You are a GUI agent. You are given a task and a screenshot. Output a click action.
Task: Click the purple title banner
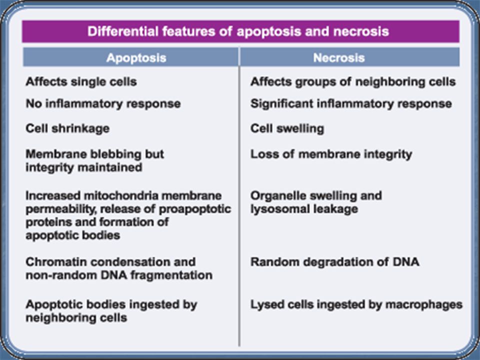(x=240, y=31)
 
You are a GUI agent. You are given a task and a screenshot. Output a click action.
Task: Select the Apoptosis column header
(x=130, y=57)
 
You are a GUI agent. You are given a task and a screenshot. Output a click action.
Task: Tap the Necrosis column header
(x=350, y=57)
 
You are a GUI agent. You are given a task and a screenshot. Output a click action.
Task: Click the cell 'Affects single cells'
(x=81, y=81)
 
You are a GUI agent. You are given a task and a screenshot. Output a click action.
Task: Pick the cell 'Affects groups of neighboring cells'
(x=353, y=81)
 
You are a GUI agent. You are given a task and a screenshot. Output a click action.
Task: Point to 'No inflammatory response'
(x=103, y=104)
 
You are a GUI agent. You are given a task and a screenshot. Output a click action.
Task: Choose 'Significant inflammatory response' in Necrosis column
(x=351, y=104)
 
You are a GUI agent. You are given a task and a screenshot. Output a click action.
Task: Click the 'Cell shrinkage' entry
(x=67, y=128)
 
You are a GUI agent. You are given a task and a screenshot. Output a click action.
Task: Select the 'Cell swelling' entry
(x=287, y=128)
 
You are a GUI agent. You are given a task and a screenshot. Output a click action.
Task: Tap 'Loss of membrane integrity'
(x=331, y=154)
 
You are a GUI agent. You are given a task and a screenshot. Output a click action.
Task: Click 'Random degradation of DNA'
(x=335, y=262)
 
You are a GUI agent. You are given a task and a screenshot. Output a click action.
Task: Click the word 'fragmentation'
(x=171, y=275)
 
